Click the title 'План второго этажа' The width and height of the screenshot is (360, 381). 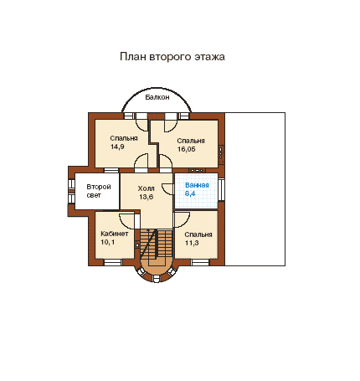[172, 57]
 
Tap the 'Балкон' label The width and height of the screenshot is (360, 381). [157, 97]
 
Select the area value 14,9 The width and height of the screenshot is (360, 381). [117, 147]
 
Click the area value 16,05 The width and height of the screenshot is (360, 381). [187, 149]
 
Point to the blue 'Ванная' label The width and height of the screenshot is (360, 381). [197, 185]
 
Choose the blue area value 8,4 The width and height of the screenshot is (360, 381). [190, 193]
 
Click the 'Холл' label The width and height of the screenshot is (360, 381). [146, 188]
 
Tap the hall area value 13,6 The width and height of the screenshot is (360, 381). [146, 197]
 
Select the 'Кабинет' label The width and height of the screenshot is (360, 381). [115, 234]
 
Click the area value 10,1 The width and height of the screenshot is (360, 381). [107, 242]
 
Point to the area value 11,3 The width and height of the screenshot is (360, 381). [192, 243]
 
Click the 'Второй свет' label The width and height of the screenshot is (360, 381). [99, 191]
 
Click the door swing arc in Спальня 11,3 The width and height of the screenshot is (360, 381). [185, 223]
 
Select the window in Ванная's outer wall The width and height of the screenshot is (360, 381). [221, 190]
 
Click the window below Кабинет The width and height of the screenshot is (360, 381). [113, 262]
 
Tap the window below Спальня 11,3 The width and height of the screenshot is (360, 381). [200, 262]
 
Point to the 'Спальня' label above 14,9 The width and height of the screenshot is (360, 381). [124, 139]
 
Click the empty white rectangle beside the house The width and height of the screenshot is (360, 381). [255, 189]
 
